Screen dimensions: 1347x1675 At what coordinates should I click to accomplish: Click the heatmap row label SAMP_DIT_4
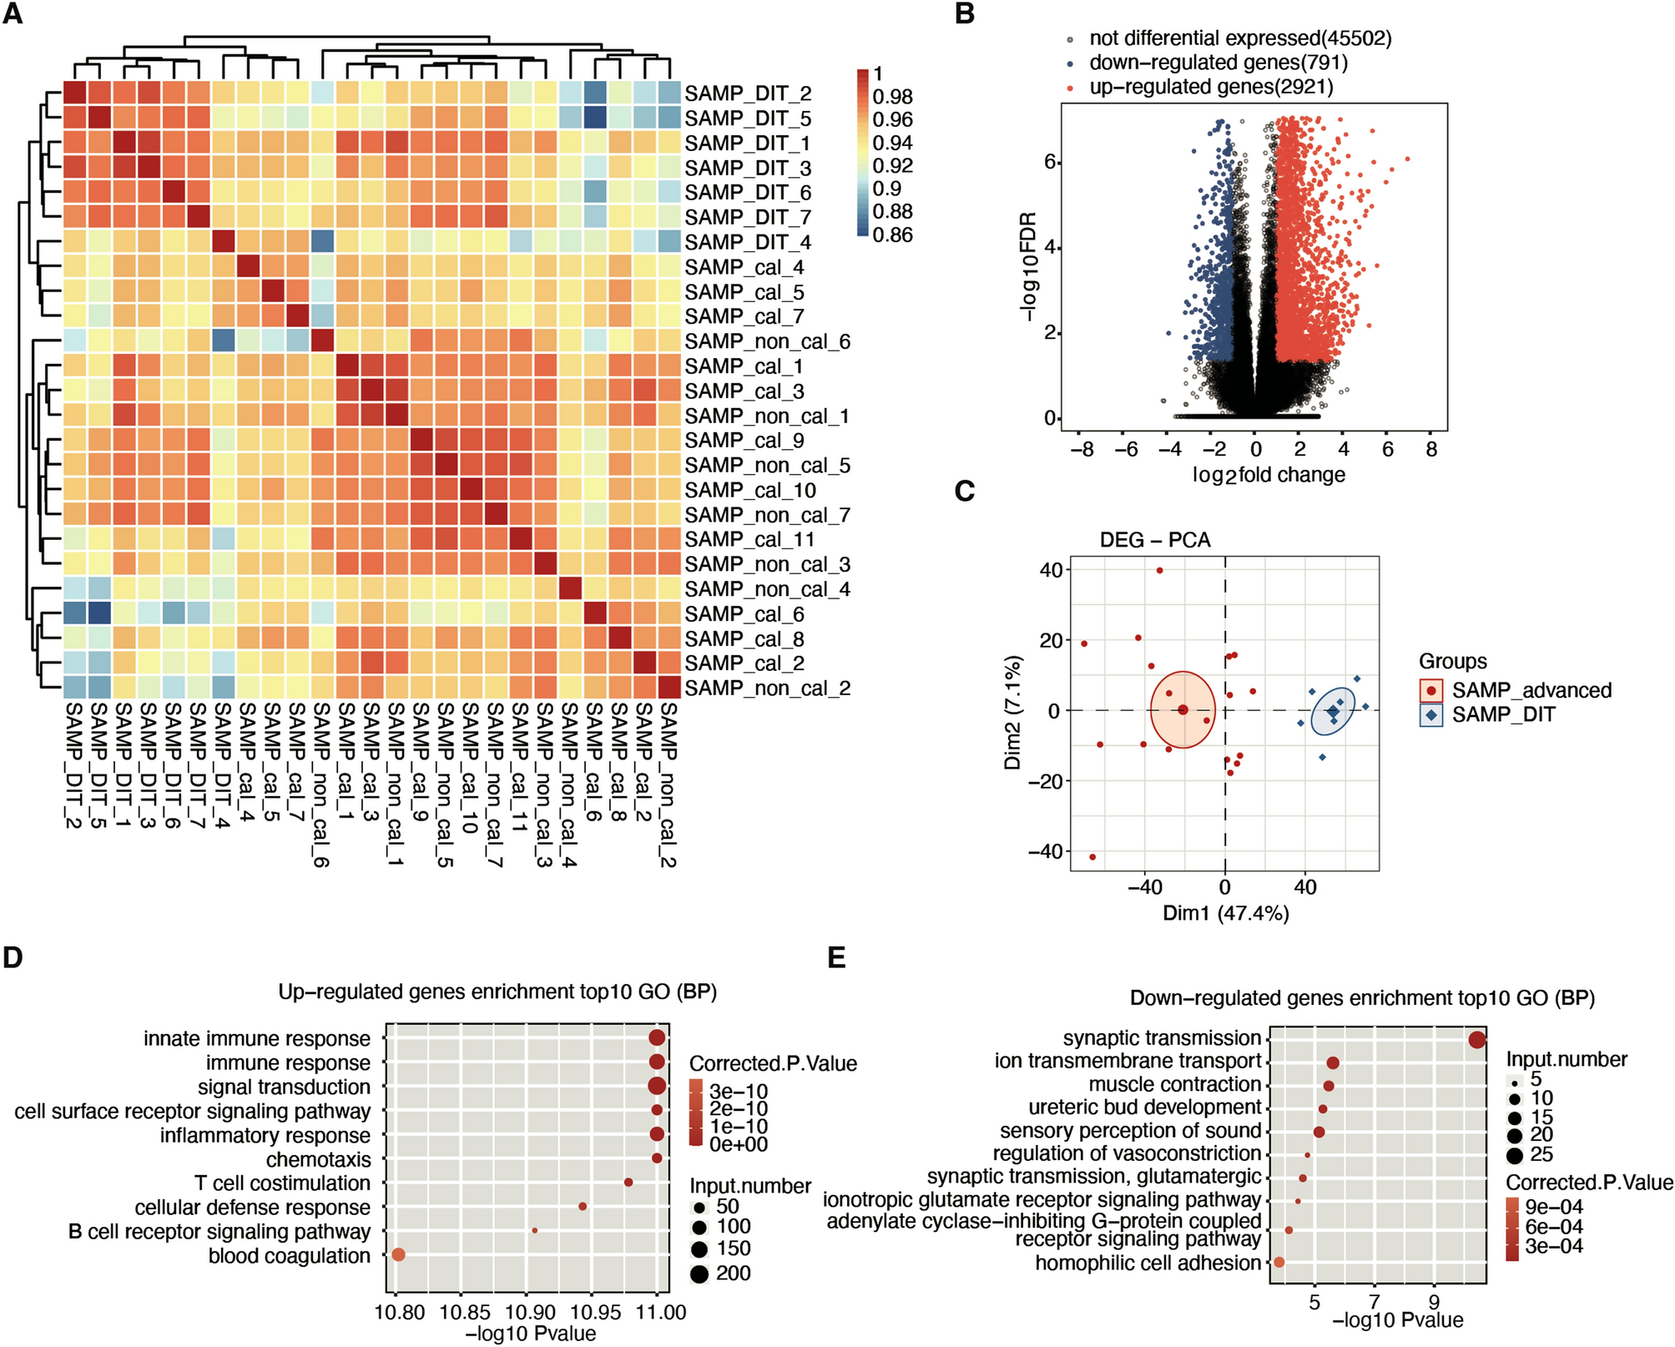click(x=748, y=243)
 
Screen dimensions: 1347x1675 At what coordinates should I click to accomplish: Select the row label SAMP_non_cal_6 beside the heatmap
click(x=767, y=342)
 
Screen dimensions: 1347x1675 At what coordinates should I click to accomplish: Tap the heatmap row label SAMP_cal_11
click(x=749, y=540)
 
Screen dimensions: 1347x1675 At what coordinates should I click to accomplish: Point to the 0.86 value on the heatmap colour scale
click(x=892, y=235)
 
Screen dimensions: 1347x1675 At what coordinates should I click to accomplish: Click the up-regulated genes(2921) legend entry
click(x=1211, y=87)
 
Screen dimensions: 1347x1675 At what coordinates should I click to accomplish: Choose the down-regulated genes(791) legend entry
click(x=1218, y=63)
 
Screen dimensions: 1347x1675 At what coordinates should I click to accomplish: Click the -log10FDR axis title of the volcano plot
click(x=1027, y=266)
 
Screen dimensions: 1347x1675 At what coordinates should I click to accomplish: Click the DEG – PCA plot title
click(x=1154, y=540)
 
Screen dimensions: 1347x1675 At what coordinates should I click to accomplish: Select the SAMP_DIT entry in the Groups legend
click(x=1503, y=714)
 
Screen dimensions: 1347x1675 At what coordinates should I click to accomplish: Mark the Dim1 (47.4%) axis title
click(x=1225, y=913)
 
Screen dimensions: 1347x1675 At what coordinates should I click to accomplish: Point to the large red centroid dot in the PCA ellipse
click(x=1183, y=710)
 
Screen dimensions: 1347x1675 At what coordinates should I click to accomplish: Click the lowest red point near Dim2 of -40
click(x=1092, y=857)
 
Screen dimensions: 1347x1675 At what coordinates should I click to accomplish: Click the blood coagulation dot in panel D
click(x=398, y=1254)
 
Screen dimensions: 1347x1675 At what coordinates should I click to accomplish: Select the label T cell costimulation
click(x=282, y=1183)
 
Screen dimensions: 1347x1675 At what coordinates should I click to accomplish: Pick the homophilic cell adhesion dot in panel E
click(x=1279, y=1263)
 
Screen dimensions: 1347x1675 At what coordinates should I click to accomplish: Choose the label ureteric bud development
click(x=1144, y=1107)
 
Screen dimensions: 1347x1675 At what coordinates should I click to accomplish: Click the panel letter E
click(x=836, y=957)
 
